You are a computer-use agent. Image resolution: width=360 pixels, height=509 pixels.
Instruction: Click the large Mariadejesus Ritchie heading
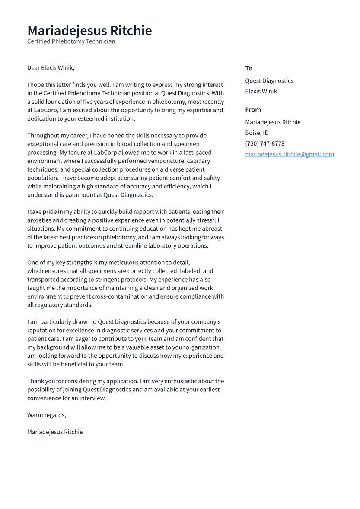[89, 31]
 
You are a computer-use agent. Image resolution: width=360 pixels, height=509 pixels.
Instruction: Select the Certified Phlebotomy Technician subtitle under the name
[71, 41]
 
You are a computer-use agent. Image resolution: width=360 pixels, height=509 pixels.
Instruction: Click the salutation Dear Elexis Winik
[51, 68]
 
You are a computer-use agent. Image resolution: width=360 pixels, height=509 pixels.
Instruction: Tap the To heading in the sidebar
[248, 68]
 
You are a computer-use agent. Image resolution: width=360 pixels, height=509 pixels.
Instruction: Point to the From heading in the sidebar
[253, 110]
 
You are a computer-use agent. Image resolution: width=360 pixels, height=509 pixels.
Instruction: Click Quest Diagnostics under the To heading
[269, 81]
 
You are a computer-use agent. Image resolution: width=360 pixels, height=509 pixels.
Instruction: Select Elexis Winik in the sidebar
[261, 91]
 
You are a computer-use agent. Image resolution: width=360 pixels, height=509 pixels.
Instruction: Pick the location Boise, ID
[257, 133]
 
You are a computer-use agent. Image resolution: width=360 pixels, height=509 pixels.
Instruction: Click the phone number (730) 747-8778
[264, 143]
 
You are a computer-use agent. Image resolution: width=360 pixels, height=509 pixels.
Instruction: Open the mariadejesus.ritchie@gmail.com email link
[289, 154]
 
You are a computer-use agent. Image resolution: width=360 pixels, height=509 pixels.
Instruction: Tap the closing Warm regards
[46, 415]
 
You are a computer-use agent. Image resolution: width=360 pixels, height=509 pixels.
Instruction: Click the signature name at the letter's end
[54, 432]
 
